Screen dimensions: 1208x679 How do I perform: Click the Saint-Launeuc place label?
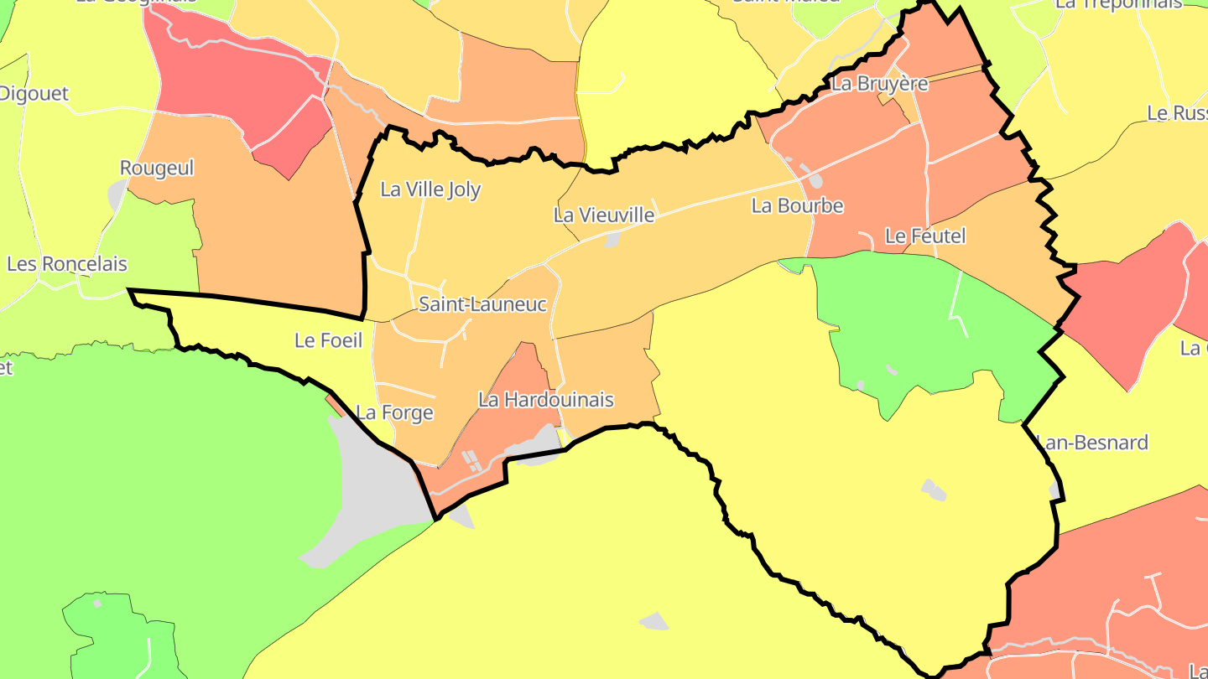[482, 304]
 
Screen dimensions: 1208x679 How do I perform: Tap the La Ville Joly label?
[430, 189]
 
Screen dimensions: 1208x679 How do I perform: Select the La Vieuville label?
[603, 215]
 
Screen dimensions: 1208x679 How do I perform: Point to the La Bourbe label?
[797, 205]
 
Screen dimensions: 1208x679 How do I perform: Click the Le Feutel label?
[925, 236]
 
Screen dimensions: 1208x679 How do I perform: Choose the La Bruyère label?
[879, 84]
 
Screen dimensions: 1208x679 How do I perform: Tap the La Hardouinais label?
[545, 400]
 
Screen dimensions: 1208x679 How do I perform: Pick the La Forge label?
[394, 412]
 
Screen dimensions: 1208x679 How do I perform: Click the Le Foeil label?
[328, 340]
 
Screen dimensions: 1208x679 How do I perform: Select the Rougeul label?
[157, 168]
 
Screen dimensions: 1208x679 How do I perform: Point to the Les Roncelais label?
[67, 264]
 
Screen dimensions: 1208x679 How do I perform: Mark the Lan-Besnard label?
[1093, 442]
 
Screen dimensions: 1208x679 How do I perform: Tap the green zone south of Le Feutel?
[914, 327]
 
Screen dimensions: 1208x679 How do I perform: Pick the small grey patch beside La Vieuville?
[612, 241]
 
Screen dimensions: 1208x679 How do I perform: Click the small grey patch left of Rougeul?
[117, 195]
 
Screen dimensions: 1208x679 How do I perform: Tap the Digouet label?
[34, 94]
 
